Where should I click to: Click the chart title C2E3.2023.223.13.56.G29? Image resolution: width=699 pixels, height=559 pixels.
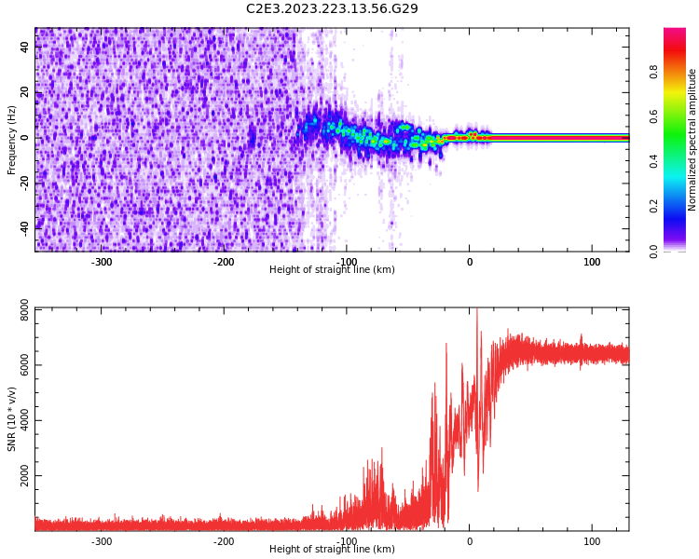332,9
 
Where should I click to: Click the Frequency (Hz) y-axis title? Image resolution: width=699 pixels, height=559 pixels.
12,140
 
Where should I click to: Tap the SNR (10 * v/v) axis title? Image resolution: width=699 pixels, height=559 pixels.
12,419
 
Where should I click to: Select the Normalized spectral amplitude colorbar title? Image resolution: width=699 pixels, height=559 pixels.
692,140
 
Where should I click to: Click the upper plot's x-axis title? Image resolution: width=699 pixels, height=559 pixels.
332,270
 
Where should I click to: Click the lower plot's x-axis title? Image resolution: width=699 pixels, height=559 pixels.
332,550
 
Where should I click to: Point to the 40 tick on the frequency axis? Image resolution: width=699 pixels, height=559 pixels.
25,48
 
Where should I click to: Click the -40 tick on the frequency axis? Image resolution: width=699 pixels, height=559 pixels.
25,226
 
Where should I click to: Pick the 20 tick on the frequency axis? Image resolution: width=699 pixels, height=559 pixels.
25,92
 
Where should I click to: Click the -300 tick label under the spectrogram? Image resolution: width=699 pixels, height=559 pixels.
102,262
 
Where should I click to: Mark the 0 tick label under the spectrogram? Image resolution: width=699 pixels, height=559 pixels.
470,262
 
